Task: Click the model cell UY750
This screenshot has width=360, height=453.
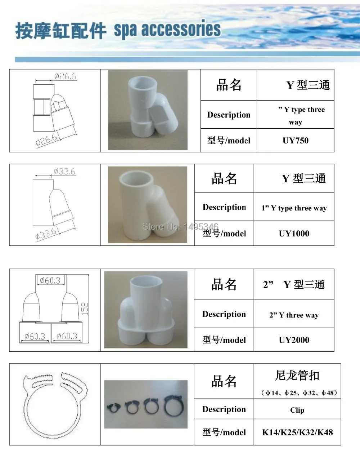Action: click(x=296, y=141)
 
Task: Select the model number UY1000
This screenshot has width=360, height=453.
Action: click(x=294, y=234)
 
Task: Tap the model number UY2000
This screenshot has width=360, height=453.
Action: click(x=294, y=340)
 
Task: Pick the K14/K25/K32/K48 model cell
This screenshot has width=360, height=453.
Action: click(x=297, y=432)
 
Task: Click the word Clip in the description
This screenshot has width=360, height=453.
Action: click(x=297, y=410)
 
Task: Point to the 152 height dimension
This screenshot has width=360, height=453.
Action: click(x=85, y=309)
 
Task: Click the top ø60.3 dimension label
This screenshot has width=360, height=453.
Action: click(x=50, y=280)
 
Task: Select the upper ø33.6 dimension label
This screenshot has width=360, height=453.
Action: click(x=64, y=171)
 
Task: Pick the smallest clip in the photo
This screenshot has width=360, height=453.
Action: click(x=114, y=408)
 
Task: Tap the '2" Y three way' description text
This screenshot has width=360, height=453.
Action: click(x=294, y=315)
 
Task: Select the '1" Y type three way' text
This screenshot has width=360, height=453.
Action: click(x=294, y=208)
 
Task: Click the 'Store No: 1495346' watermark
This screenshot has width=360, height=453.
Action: click(x=180, y=226)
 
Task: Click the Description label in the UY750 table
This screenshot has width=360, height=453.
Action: click(x=229, y=115)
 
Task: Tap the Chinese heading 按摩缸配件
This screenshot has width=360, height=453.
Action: click(x=60, y=31)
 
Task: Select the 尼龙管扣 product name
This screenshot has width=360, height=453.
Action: click(x=297, y=376)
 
